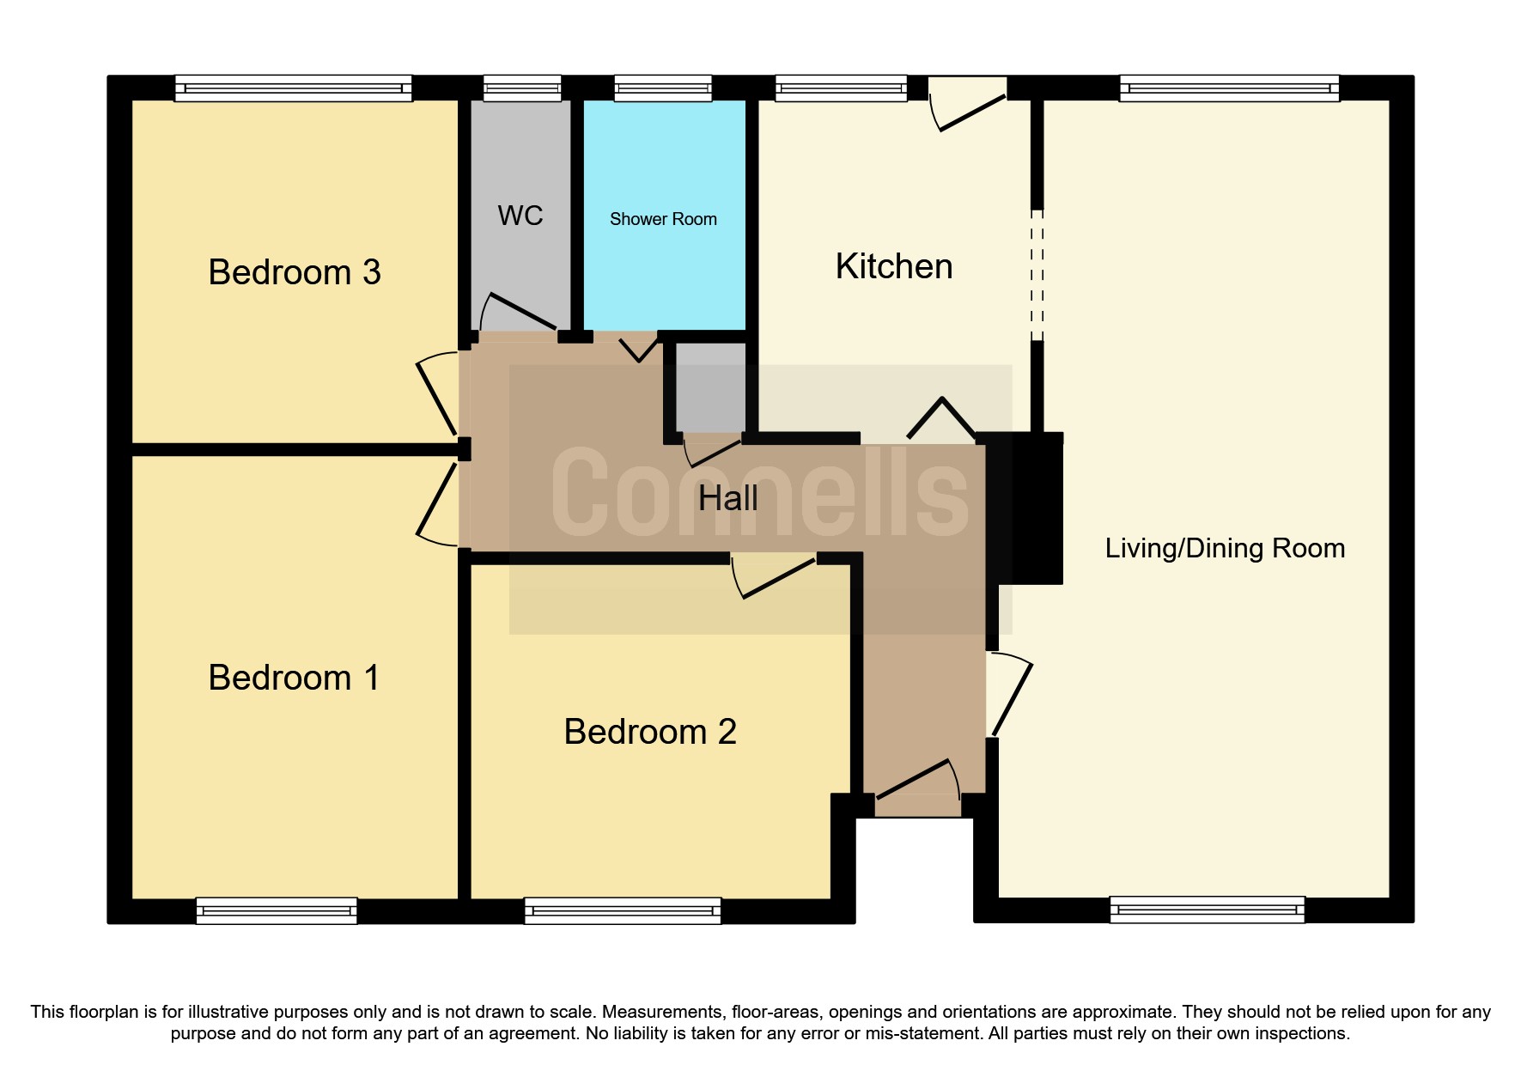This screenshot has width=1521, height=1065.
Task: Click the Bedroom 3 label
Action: pyautogui.click(x=294, y=272)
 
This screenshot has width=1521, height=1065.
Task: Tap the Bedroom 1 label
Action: pyautogui.click(x=294, y=678)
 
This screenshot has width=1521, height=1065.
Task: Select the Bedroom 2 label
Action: pyautogui.click(x=650, y=732)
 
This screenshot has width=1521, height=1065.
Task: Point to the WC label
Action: pyautogui.click(x=520, y=216)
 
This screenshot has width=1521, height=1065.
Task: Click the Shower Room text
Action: pyautogui.click(x=663, y=219)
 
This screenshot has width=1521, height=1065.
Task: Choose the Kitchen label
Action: pyautogui.click(x=894, y=266)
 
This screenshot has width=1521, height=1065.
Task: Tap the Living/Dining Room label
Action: pyautogui.click(x=1225, y=548)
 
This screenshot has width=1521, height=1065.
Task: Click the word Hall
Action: pyautogui.click(x=727, y=498)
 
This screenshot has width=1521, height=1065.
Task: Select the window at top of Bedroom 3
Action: pyautogui.click(x=293, y=88)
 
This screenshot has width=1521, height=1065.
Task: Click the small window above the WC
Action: pyautogui.click(x=522, y=88)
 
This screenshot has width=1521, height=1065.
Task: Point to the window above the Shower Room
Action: pyautogui.click(x=663, y=88)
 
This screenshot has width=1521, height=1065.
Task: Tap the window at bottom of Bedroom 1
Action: pyautogui.click(x=277, y=910)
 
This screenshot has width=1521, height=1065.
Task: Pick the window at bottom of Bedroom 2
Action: pyautogui.click(x=623, y=910)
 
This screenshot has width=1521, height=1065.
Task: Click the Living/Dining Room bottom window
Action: pyautogui.click(x=1207, y=909)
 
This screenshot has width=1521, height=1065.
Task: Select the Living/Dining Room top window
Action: pyautogui.click(x=1229, y=88)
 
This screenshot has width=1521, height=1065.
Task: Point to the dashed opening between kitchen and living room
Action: pyautogui.click(x=1037, y=276)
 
